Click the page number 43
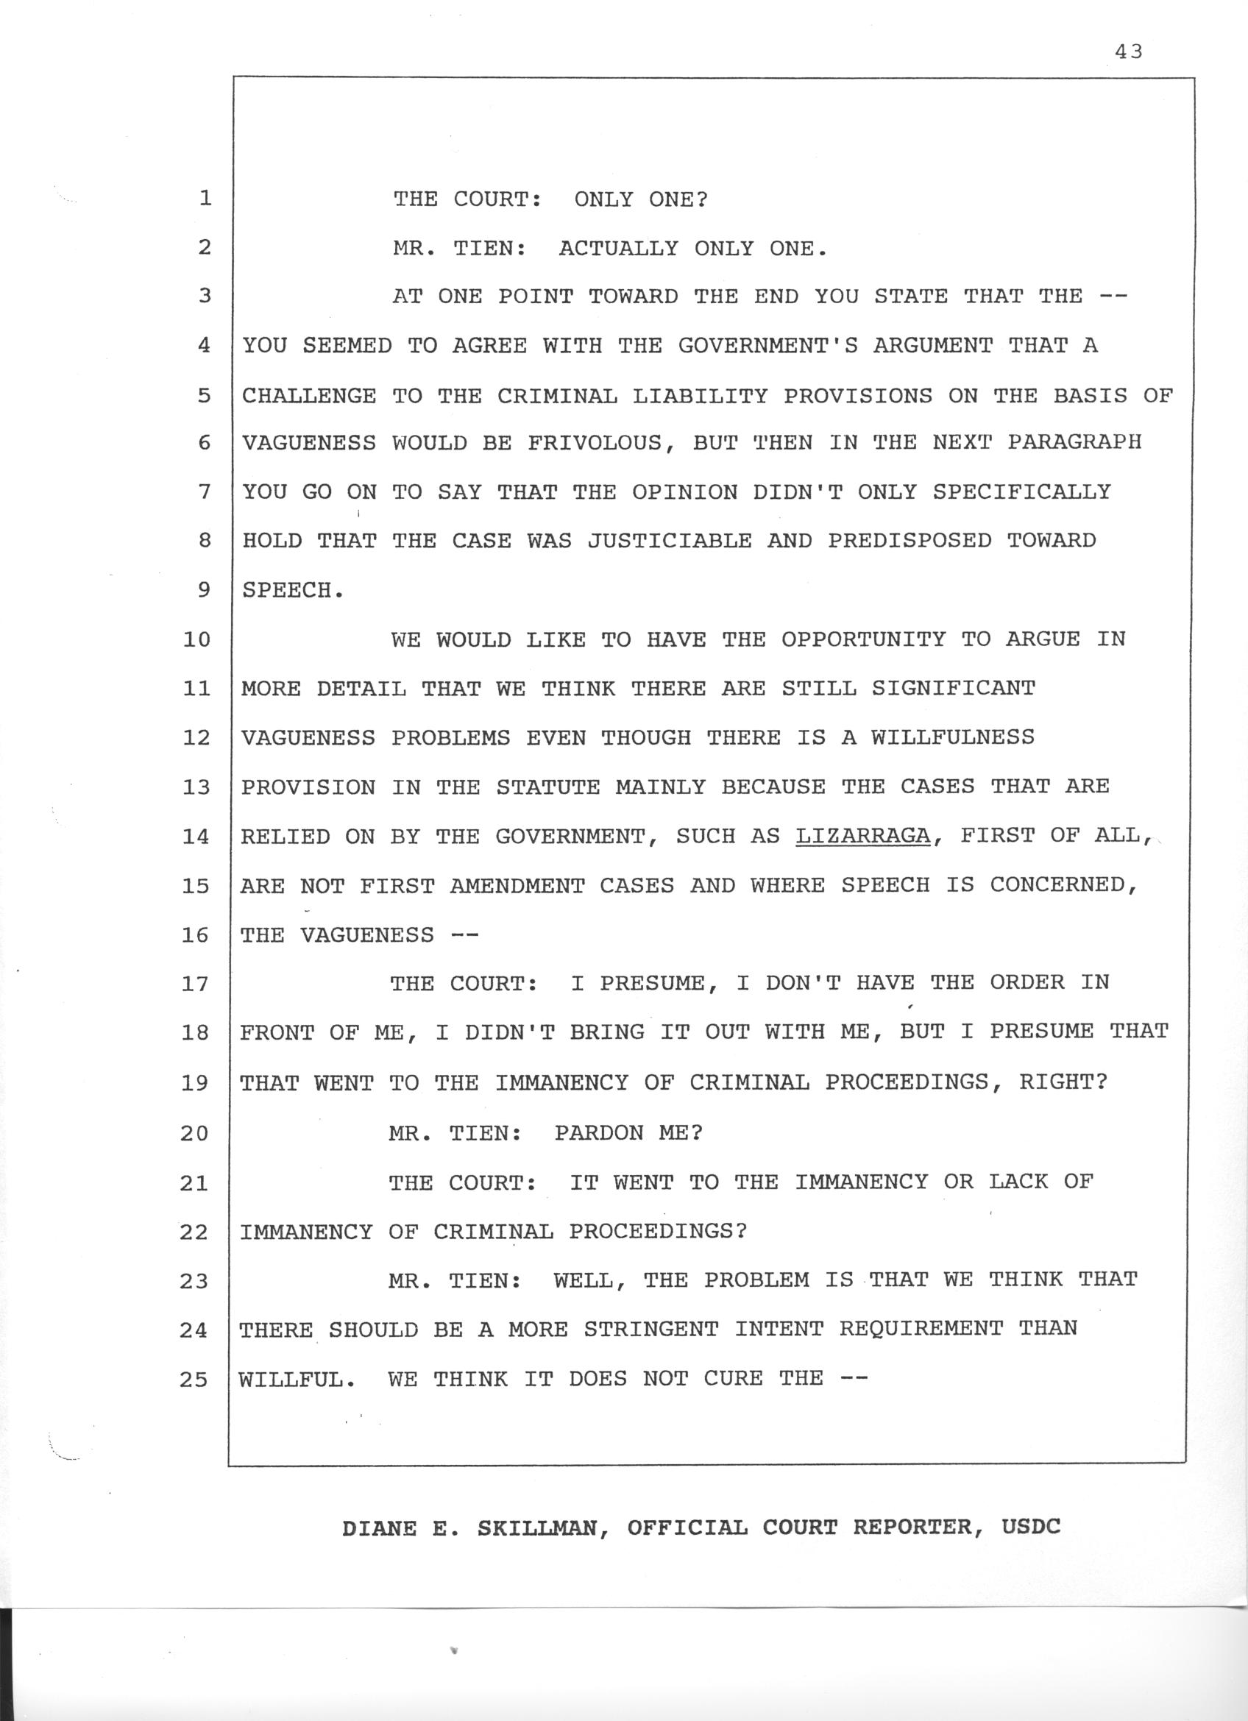pos(1128,52)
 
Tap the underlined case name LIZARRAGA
pos(862,835)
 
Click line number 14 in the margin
pos(196,836)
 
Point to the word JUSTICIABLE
pos(670,540)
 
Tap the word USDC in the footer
pos(1031,1526)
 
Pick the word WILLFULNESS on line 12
pos(952,737)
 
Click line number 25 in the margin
pos(194,1379)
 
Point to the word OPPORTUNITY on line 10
pos(863,639)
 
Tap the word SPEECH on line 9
pos(287,590)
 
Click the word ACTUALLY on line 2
pos(618,248)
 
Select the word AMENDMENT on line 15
pos(517,886)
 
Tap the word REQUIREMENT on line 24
pos(921,1328)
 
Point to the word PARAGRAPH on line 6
pos(1074,442)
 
